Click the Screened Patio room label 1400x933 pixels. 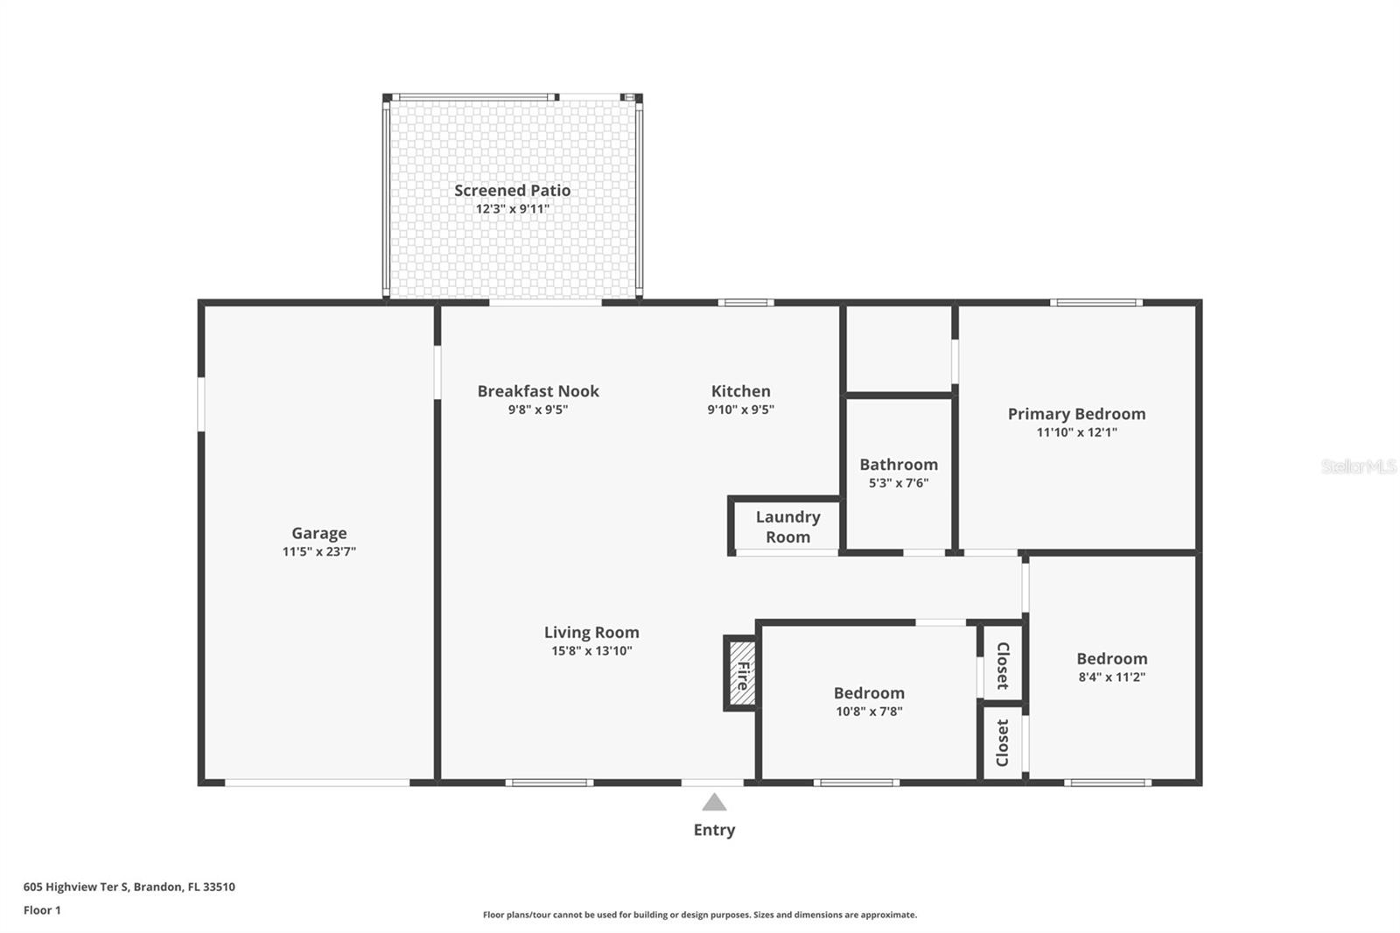coord(512,190)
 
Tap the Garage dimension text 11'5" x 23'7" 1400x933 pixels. coord(318,551)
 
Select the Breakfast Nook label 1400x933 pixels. coord(538,391)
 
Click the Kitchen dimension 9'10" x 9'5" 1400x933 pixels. coord(740,410)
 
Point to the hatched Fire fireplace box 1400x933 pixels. coord(741,673)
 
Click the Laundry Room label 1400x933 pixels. coord(787,527)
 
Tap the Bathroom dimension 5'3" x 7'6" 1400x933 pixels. coord(899,483)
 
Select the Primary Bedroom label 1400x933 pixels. coord(1076,414)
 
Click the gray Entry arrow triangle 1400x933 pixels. coord(714,803)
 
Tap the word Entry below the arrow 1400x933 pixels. coord(714,830)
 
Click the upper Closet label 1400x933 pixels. coord(1003,665)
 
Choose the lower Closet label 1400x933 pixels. coord(1003,743)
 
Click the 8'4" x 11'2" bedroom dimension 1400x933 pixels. coord(1112,677)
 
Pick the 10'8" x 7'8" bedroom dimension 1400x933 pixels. coord(869,711)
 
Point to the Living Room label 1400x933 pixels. coord(591,632)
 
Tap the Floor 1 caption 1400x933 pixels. coord(43,910)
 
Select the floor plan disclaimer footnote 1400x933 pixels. coord(700,915)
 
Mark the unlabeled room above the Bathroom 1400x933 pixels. coord(899,349)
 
